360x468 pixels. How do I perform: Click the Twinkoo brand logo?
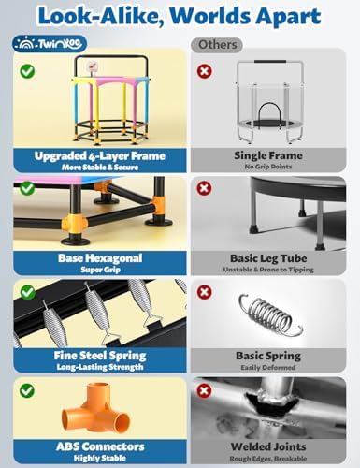(x=50, y=44)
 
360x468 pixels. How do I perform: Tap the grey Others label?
(x=217, y=45)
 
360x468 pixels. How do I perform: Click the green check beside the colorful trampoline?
(x=27, y=71)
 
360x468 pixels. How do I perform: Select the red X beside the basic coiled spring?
(x=204, y=292)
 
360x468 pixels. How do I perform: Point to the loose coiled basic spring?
(x=269, y=314)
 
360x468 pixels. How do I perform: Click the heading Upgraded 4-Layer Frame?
(x=100, y=155)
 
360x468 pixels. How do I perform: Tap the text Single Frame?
(x=268, y=155)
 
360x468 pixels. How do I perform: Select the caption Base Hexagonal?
(x=100, y=258)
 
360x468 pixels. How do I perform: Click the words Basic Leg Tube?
(x=268, y=258)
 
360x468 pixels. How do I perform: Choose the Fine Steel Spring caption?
(x=100, y=356)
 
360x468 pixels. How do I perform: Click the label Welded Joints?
(x=268, y=446)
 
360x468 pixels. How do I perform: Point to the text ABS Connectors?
(x=100, y=446)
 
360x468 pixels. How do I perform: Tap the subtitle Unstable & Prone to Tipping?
(x=268, y=270)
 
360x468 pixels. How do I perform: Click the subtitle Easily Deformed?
(x=268, y=367)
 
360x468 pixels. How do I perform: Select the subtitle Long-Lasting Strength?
(x=100, y=367)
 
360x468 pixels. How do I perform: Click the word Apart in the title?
(x=289, y=16)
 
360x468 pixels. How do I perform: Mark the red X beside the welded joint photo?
(x=204, y=390)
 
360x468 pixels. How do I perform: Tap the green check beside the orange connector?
(x=27, y=390)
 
